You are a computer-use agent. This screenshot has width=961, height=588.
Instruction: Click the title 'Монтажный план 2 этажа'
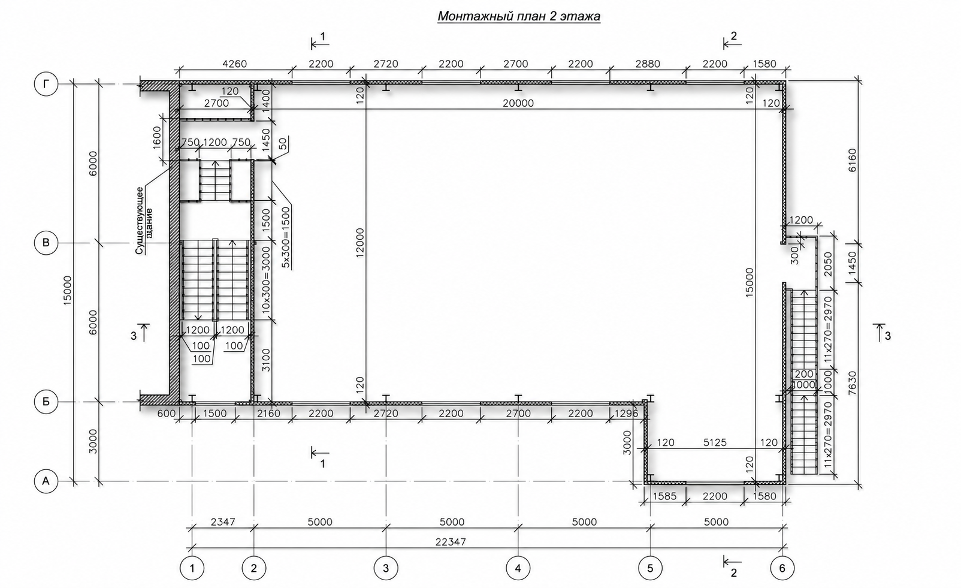[x=519, y=16]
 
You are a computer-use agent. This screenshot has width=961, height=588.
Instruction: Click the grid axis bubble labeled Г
[x=46, y=84]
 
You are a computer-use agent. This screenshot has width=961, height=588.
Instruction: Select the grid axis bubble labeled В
[x=46, y=243]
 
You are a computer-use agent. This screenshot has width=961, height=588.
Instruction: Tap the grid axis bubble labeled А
[x=46, y=481]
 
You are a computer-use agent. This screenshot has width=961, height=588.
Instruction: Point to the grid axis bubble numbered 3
[x=386, y=568]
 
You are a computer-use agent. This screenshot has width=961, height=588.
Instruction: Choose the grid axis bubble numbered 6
[x=782, y=568]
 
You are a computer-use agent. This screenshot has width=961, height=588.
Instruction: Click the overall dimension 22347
[x=451, y=542]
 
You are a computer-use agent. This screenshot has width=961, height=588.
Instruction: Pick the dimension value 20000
[x=518, y=103]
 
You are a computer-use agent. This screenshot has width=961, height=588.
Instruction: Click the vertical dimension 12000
[x=359, y=243]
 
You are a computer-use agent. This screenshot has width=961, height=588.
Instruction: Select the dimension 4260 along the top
[x=235, y=64]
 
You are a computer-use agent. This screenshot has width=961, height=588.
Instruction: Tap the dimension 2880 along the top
[x=648, y=64]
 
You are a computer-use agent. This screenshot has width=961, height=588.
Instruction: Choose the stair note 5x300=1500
[x=286, y=238]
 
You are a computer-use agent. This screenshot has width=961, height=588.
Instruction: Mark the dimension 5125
[x=715, y=442]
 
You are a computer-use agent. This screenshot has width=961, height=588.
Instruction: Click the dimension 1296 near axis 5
[x=626, y=414]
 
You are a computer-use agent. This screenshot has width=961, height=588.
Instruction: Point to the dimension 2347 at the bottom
[x=223, y=522]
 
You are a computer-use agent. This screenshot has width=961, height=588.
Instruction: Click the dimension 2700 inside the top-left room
[x=216, y=103]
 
